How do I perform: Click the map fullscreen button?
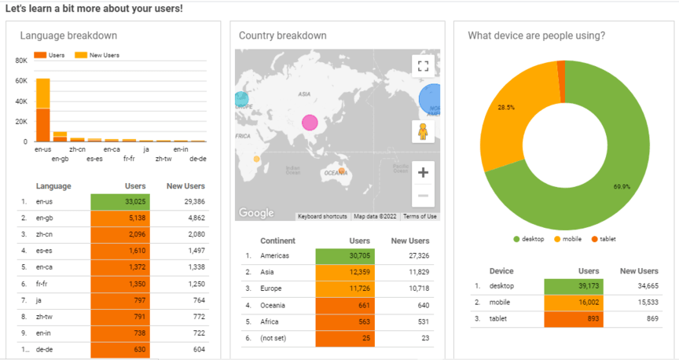point(423,66)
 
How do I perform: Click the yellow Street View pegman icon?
point(423,131)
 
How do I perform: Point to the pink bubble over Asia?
point(310,123)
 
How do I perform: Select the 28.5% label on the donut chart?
point(506,107)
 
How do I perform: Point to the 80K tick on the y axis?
point(21,60)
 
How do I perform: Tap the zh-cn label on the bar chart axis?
point(77,149)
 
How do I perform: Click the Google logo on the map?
point(256,213)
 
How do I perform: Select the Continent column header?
point(277,241)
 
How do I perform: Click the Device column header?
point(501,271)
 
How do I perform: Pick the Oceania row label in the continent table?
point(275,305)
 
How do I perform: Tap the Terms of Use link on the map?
point(421,216)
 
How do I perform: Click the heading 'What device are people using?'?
point(536,35)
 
